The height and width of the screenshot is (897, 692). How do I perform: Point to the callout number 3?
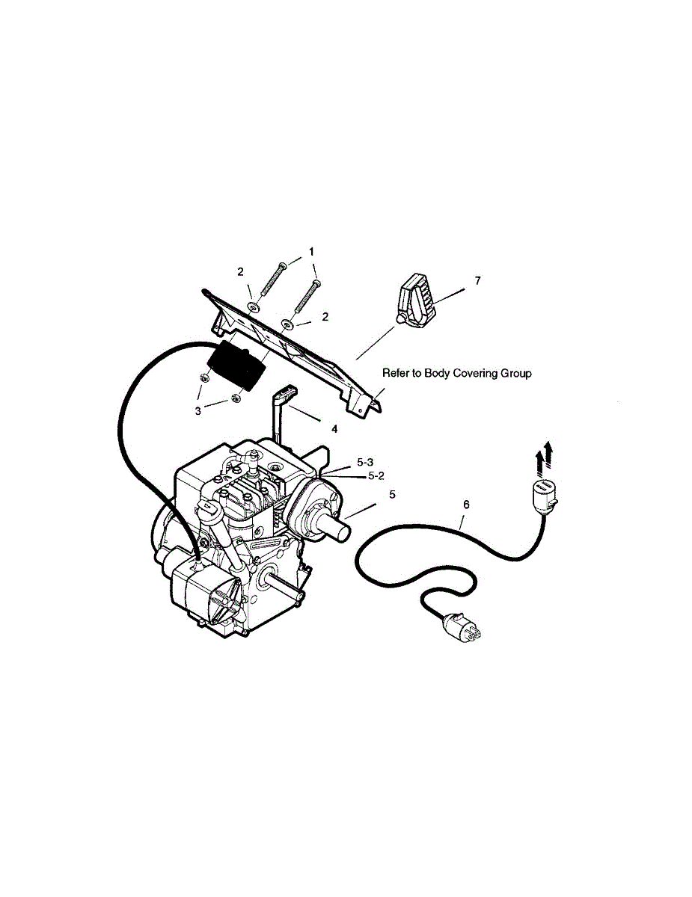click(198, 410)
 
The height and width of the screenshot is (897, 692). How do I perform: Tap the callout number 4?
click(334, 429)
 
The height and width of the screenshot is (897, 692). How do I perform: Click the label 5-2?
click(376, 476)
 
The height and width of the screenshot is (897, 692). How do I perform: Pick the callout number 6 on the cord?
click(466, 505)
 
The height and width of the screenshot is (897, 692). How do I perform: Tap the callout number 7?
click(477, 280)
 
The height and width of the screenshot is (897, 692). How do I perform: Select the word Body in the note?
click(438, 372)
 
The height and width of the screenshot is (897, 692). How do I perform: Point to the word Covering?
click(476, 372)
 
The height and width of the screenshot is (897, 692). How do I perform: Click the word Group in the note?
click(517, 372)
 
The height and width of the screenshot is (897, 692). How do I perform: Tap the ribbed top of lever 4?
click(289, 392)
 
